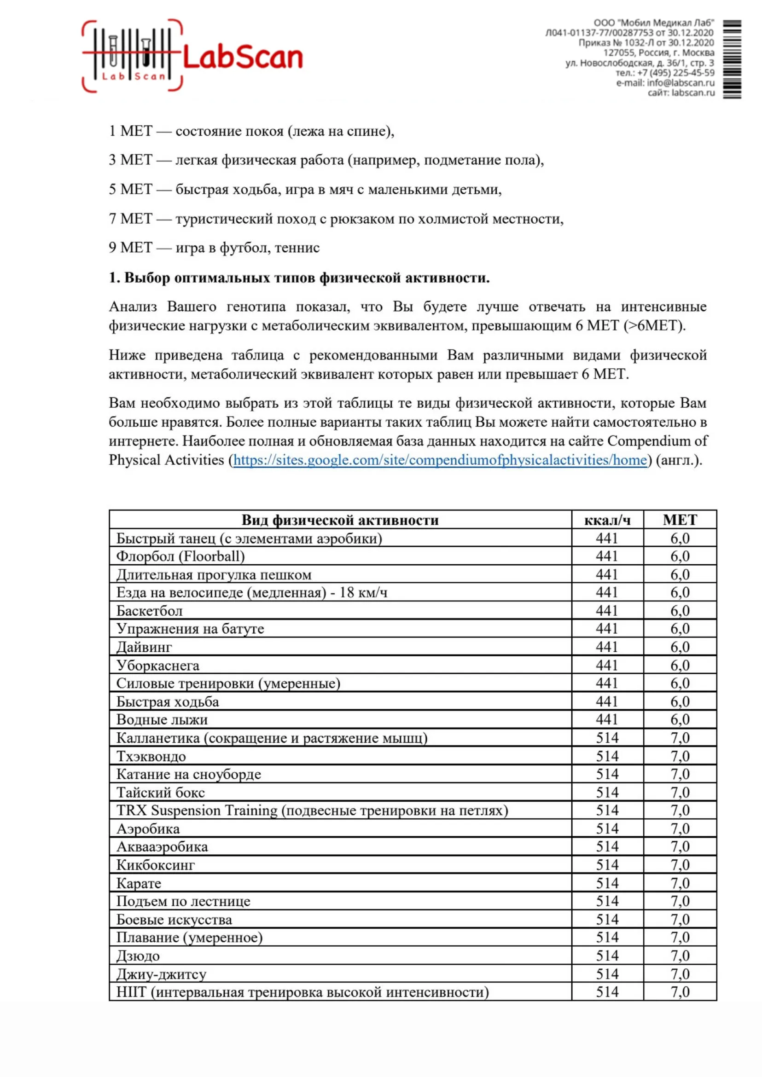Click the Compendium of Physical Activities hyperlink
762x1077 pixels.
point(440,460)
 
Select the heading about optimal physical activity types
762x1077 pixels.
point(299,278)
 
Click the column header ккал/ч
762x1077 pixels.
point(607,520)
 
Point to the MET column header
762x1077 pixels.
point(680,520)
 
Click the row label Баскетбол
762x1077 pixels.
point(149,611)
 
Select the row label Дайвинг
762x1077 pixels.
point(144,647)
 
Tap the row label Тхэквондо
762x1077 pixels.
point(151,756)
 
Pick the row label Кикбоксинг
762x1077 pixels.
point(155,865)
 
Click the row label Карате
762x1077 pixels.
point(139,883)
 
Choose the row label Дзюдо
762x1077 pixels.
point(138,955)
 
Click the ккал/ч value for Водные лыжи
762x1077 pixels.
point(607,719)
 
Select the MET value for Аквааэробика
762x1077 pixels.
point(680,847)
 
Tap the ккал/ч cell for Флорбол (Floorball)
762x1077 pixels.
point(607,556)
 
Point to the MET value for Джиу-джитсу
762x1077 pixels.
point(680,974)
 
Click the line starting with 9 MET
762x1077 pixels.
point(214,248)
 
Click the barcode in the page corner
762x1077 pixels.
point(732,59)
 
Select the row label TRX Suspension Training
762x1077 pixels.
point(312,811)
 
